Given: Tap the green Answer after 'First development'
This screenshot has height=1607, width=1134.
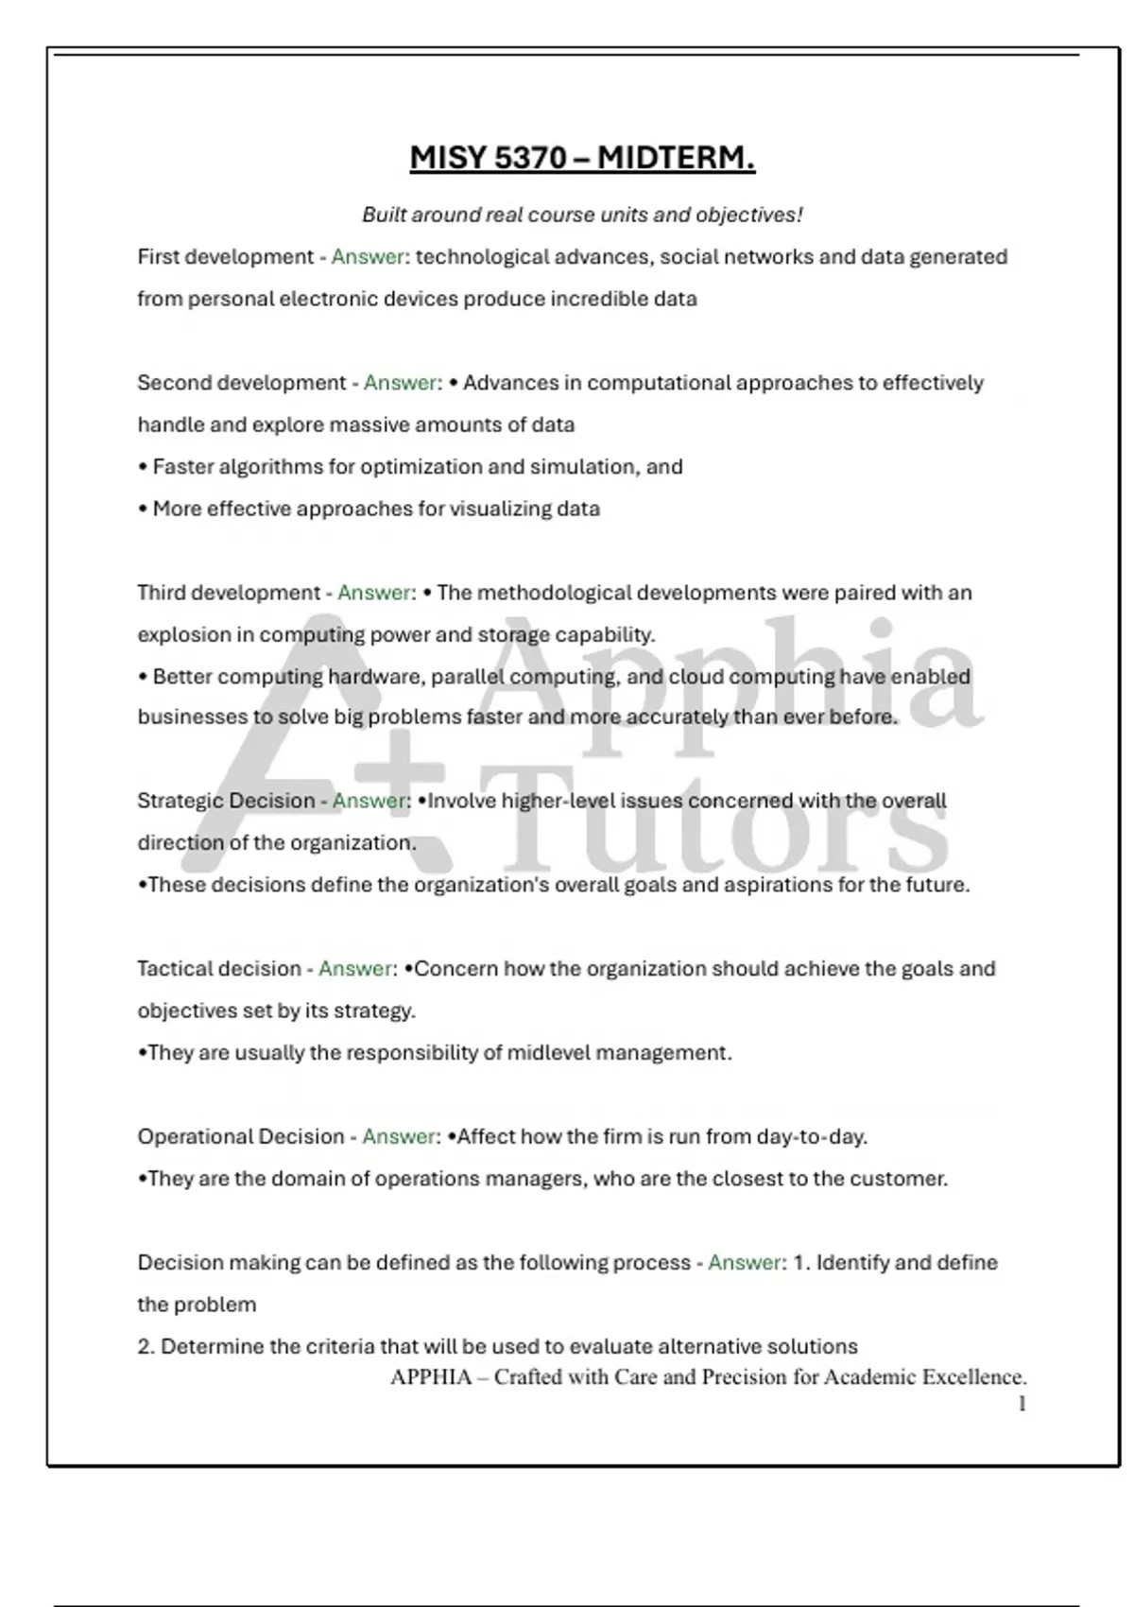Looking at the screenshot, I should pyautogui.click(x=368, y=257).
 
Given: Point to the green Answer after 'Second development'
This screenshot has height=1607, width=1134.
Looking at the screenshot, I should pyautogui.click(x=401, y=383).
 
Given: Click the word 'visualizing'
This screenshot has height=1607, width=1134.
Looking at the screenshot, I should pyautogui.click(x=500, y=509).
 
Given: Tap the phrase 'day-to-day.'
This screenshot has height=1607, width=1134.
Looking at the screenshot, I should pyautogui.click(x=812, y=1137).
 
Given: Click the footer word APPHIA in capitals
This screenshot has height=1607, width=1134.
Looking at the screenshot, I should pyautogui.click(x=431, y=1377).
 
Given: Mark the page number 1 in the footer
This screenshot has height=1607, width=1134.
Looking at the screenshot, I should pyautogui.click(x=1022, y=1405).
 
